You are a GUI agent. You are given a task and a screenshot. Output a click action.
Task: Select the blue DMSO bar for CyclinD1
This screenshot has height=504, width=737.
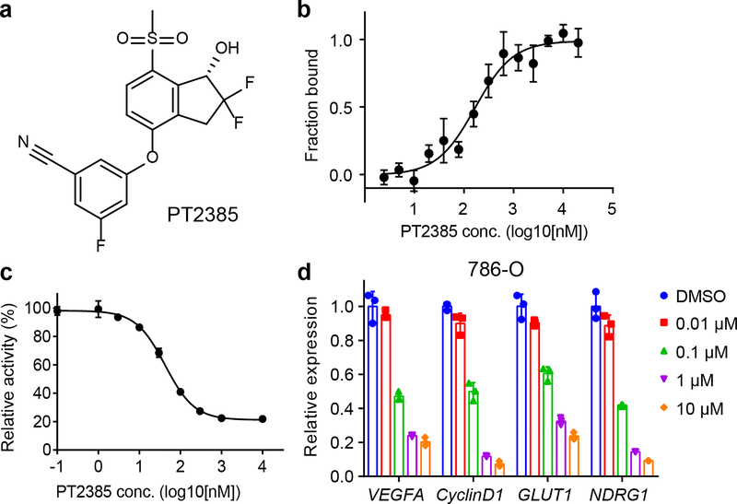click(446, 392)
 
